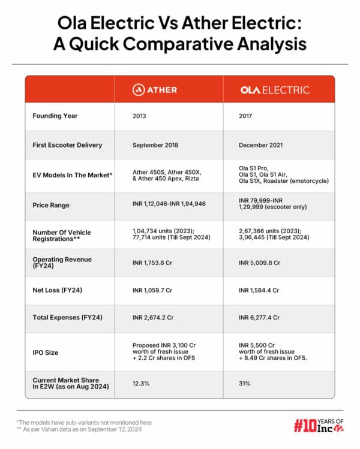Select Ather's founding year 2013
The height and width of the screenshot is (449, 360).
[139, 116]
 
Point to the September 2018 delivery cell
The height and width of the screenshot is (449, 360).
[155, 144]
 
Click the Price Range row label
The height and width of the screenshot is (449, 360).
[51, 205]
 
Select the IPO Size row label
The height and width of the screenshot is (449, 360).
[45, 352]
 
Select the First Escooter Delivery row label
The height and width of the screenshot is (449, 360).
[67, 144]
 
